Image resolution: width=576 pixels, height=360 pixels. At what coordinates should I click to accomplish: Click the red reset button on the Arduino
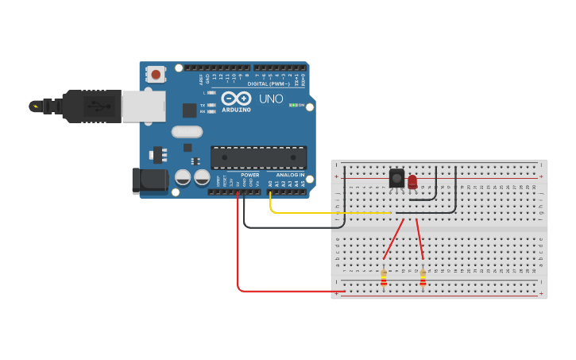pyautogui.click(x=156, y=75)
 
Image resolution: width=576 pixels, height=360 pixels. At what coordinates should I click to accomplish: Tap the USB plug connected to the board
pyautogui.click(x=95, y=106)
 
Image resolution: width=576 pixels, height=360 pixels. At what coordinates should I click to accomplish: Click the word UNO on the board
pyautogui.click(x=271, y=99)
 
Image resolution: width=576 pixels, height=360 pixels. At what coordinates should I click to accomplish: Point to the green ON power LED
pyautogui.click(x=292, y=105)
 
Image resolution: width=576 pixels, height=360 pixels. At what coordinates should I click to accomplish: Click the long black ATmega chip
pyautogui.click(x=258, y=157)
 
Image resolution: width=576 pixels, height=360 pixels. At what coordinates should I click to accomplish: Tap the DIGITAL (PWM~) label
pyautogui.click(x=269, y=83)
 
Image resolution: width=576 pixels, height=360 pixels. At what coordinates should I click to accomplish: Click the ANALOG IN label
pyautogui.click(x=291, y=175)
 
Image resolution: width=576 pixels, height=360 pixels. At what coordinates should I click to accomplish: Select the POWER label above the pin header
pyautogui.click(x=249, y=175)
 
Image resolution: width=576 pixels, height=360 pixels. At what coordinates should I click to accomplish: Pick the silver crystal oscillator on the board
pyautogui.click(x=187, y=132)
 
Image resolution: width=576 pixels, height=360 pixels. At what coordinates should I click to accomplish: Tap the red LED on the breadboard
pyautogui.click(x=412, y=183)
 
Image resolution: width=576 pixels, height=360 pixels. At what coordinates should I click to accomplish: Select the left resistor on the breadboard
pyautogui.click(x=384, y=277)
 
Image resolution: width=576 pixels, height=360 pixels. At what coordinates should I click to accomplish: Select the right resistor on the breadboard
pyautogui.click(x=423, y=277)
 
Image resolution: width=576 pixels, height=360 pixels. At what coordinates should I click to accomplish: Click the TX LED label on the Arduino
pyautogui.click(x=203, y=105)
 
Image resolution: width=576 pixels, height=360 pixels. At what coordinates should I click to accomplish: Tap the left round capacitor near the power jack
pyautogui.click(x=183, y=178)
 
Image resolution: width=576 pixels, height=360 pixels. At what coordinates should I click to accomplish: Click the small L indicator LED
pyautogui.click(x=211, y=93)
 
